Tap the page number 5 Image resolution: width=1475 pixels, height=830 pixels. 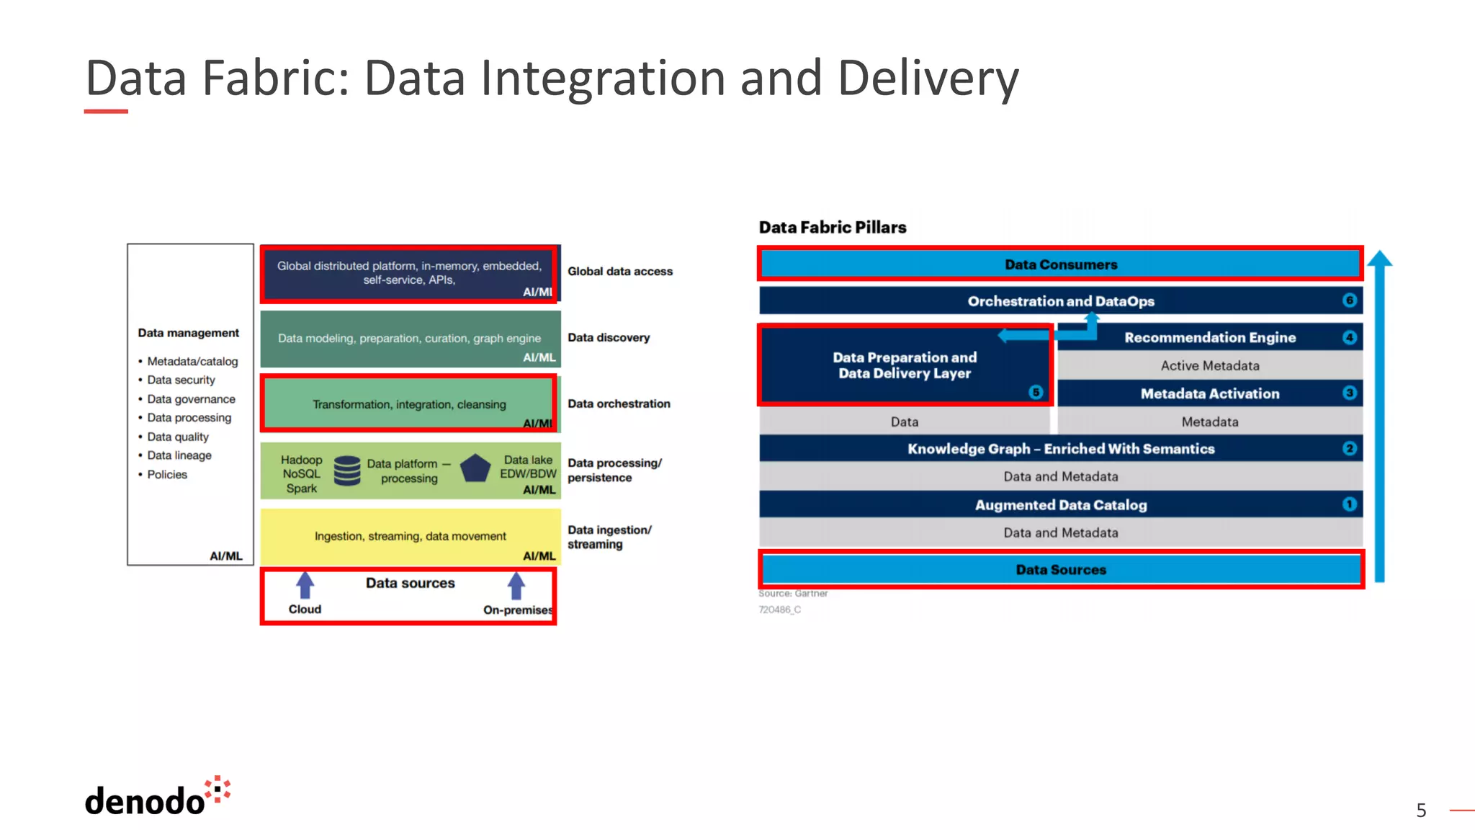coord(1420,811)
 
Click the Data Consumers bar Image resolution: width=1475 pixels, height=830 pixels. coord(1060,264)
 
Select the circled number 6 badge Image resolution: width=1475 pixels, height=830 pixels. coord(1349,300)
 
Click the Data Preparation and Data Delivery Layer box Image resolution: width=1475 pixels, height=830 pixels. coord(905,365)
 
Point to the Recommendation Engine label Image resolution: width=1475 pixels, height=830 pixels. coord(1209,337)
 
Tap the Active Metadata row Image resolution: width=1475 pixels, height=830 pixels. coord(1209,365)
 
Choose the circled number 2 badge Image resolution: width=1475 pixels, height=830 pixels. coord(1349,448)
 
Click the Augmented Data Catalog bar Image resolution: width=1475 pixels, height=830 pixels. coord(1060,504)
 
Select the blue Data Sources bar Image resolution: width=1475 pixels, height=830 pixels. coord(1060,569)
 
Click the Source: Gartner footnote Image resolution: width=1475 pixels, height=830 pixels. coord(792,594)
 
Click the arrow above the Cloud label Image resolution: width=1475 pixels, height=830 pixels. coord(305,585)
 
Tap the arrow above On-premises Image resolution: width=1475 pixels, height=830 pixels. coord(516,585)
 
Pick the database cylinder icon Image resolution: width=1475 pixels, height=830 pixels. coord(347,470)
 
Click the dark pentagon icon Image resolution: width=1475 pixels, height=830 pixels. coord(475,468)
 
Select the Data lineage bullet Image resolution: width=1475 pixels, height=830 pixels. coord(179,455)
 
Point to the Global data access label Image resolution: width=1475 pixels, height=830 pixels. coord(619,272)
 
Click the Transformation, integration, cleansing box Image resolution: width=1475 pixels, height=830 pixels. coord(409,404)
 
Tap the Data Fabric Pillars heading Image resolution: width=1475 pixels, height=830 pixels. coord(832,228)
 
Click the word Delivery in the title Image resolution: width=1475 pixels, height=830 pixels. coord(928,78)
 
